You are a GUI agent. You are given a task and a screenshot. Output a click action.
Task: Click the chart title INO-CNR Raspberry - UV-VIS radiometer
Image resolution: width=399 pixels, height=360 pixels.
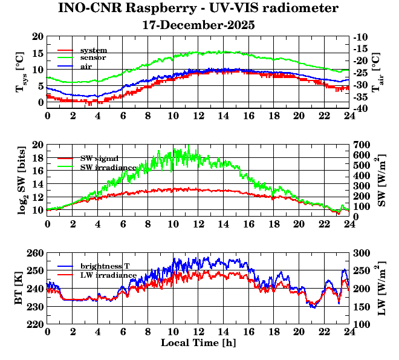tap(198, 8)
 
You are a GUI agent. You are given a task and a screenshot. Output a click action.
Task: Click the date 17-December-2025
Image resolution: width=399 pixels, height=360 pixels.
tap(198, 25)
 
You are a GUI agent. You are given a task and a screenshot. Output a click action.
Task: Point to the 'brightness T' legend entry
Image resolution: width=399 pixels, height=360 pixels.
tap(105, 266)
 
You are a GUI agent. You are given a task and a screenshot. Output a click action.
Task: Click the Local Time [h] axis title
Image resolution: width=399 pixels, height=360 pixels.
tap(198, 343)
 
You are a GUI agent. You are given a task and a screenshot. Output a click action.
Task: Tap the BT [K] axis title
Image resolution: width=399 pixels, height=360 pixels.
tap(22, 289)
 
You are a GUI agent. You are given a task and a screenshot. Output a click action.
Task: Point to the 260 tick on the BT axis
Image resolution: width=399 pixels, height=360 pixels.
tap(36, 254)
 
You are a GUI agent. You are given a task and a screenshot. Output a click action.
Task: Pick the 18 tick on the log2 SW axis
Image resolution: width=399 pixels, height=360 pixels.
tap(38, 158)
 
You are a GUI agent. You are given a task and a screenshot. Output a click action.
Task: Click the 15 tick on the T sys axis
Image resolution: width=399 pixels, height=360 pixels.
tap(38, 53)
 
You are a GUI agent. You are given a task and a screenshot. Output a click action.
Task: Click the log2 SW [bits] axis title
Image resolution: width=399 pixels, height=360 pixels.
tap(22, 180)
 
